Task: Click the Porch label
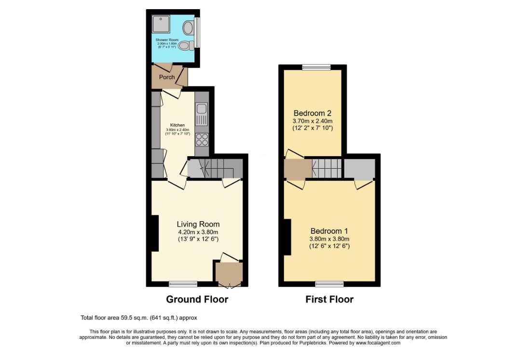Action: click(167, 77)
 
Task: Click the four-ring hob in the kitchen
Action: click(201, 139)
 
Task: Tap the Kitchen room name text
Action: click(178, 125)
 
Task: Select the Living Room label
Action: click(198, 224)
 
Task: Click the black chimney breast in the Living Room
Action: click(155, 233)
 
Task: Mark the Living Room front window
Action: click(183, 283)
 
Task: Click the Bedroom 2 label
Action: click(313, 113)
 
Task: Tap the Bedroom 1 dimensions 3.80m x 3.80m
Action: click(329, 239)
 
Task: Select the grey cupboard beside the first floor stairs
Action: click(359, 168)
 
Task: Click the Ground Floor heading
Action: click(197, 299)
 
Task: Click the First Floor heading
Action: click(329, 299)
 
